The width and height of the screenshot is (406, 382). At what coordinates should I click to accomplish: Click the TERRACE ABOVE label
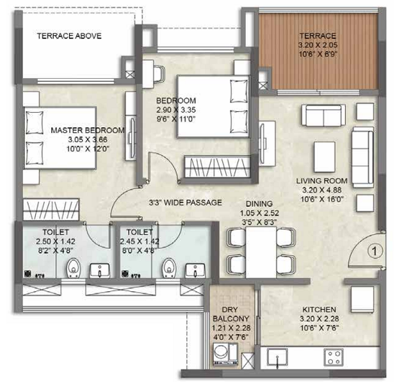point(69,36)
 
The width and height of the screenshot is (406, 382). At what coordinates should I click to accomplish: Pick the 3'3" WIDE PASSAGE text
point(184,202)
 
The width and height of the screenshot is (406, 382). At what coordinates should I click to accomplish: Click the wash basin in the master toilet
point(100,271)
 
